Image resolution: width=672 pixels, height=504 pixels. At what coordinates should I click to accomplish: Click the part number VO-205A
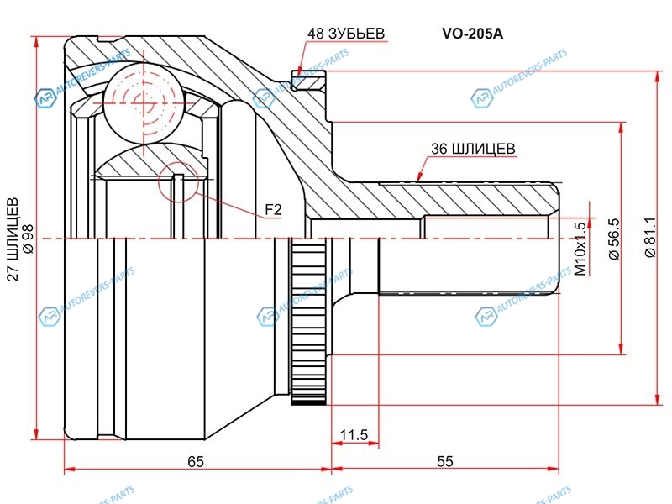tap(473, 34)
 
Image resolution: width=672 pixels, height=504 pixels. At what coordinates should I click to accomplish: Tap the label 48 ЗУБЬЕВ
tap(346, 34)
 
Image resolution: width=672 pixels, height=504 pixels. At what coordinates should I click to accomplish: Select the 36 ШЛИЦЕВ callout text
tap(473, 149)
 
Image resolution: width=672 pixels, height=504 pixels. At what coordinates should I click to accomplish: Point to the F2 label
tap(273, 209)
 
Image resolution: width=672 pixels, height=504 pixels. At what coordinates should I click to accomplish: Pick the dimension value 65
tap(196, 461)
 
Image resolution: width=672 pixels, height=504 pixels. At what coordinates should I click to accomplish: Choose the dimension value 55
tap(445, 461)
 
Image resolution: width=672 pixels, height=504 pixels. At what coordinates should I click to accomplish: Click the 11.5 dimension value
tap(354, 435)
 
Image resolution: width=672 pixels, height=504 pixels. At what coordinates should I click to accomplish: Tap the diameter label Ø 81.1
tap(650, 238)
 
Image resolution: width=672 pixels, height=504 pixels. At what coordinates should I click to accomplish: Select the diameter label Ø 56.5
tap(614, 239)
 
